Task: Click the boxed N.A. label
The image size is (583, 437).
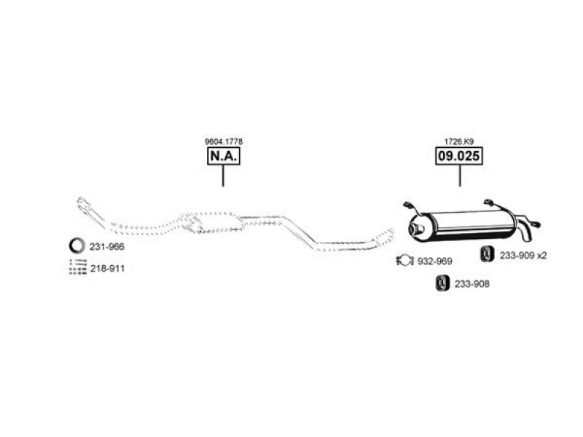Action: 224,156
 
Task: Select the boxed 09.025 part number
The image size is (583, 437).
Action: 459,156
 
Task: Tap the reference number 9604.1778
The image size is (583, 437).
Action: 224,141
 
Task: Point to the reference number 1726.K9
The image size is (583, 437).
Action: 459,141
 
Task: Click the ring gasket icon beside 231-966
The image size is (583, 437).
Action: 71,245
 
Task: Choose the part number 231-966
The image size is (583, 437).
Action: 107,247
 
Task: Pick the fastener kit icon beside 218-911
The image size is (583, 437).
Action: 78,267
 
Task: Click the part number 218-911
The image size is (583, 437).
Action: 107,268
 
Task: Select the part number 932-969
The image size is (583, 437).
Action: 434,261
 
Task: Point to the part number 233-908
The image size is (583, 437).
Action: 472,284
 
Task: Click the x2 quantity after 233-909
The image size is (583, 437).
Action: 542,256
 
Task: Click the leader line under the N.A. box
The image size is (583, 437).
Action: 223,176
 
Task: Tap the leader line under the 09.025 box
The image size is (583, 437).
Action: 460,176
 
